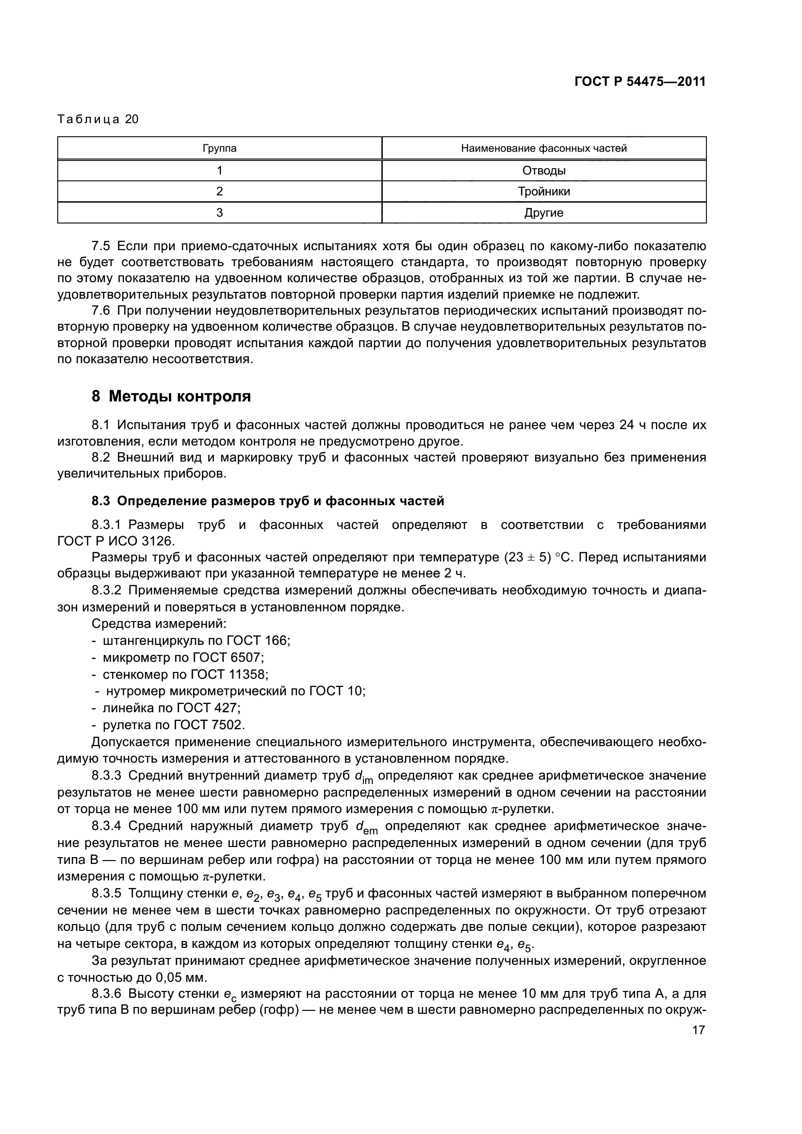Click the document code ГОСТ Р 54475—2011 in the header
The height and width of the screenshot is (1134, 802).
(639, 81)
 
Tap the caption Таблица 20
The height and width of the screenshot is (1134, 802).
(98, 119)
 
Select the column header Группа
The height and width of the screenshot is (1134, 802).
(219, 148)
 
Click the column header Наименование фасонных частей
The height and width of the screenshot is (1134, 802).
(543, 148)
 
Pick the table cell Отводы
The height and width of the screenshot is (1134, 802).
(543, 171)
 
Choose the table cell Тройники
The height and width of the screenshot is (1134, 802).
(543, 192)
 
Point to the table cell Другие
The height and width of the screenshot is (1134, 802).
(543, 213)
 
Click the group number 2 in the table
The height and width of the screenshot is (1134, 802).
(219, 192)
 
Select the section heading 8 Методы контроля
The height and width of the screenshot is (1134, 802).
(171, 396)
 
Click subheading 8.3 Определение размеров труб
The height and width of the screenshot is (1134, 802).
(268, 501)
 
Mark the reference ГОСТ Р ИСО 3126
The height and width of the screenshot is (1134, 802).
(115, 541)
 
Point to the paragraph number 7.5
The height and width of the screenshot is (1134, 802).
(101, 246)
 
